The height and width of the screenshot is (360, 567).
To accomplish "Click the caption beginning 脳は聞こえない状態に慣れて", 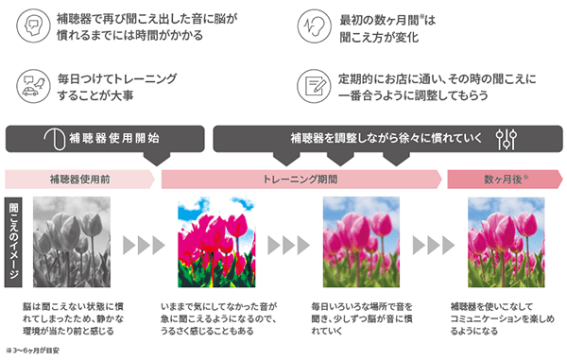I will pyautogui.click(x=81, y=320).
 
